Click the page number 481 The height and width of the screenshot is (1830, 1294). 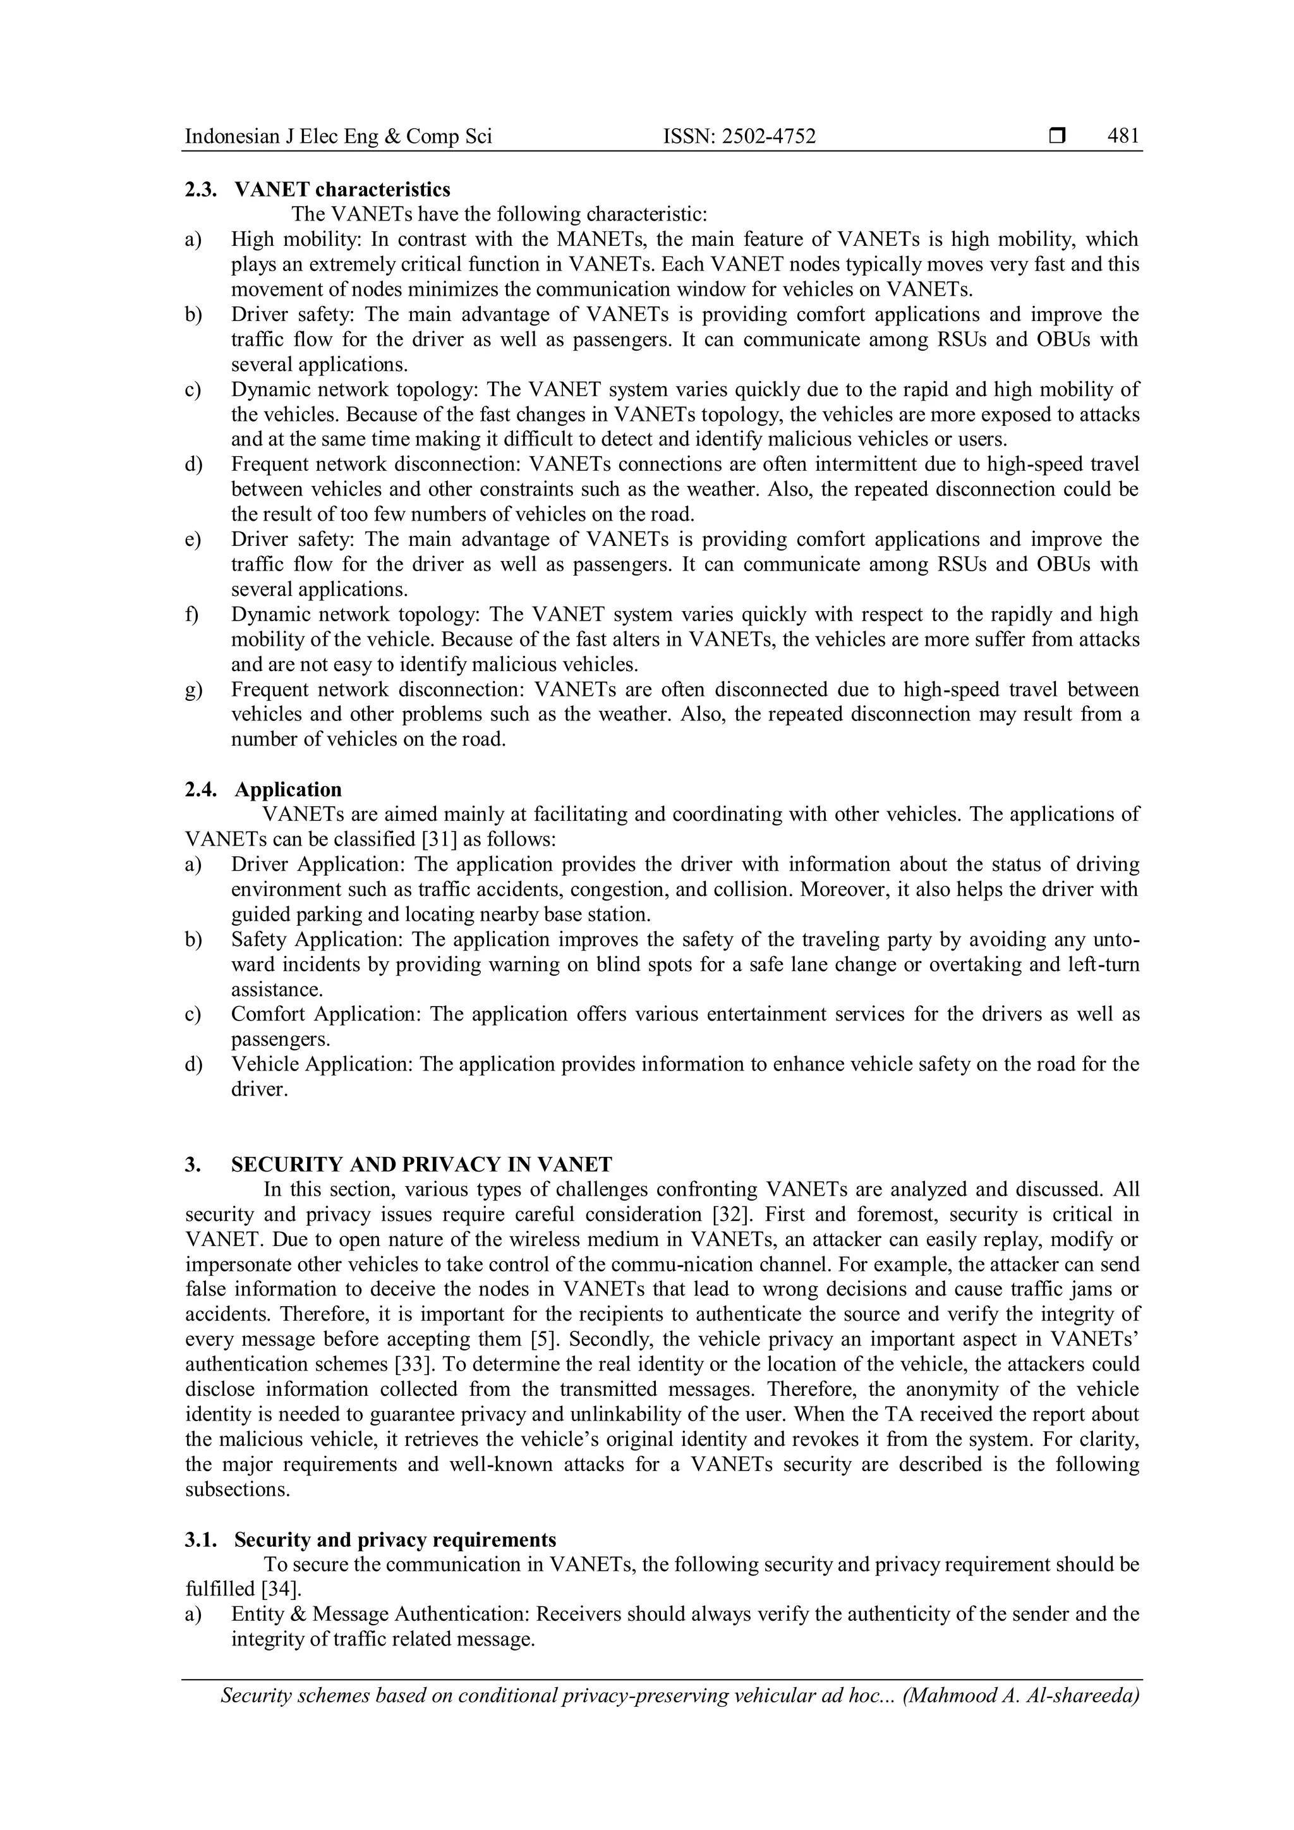1123,137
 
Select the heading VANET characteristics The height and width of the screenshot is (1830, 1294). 342,190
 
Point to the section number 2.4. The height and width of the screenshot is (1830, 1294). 200,790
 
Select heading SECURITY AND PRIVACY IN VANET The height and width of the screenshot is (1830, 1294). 421,1165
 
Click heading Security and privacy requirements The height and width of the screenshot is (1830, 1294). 395,1540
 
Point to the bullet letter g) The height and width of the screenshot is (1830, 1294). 193,689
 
